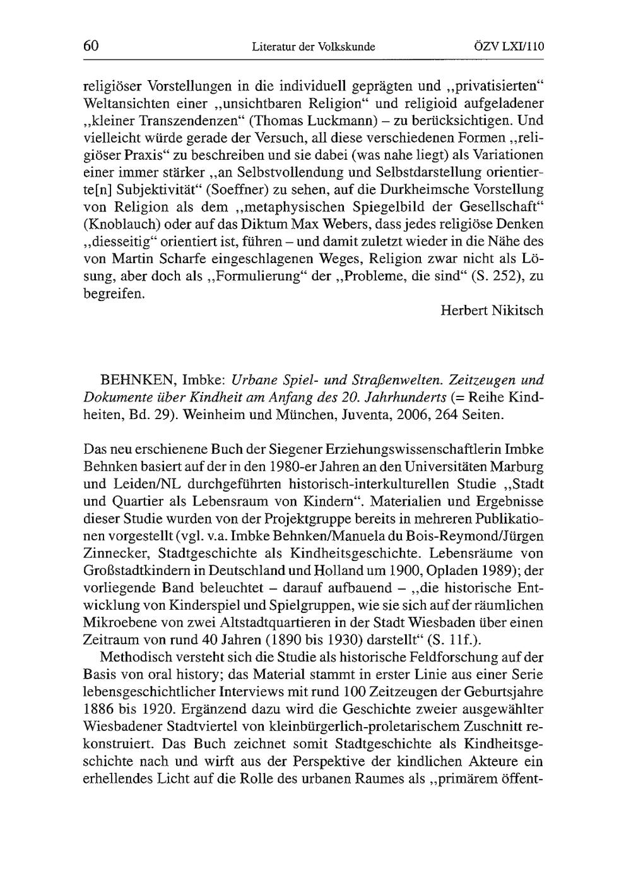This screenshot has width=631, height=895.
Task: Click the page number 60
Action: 91,45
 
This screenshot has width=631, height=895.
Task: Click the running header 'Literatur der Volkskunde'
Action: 313,46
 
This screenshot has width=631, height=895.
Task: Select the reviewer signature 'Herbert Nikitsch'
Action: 492,311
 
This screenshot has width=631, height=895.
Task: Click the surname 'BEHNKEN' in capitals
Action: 138,381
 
